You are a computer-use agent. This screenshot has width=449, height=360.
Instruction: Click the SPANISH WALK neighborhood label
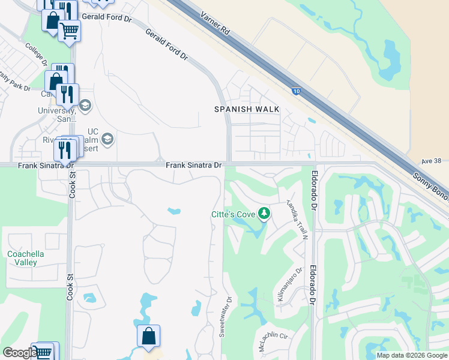tap(247, 109)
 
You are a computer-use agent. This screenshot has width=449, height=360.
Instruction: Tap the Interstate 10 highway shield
tap(297, 91)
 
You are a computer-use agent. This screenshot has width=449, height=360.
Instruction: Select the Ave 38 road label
tap(431, 161)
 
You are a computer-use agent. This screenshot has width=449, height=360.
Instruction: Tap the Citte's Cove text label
tap(233, 214)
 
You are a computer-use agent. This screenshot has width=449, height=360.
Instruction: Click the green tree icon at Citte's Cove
tap(264, 213)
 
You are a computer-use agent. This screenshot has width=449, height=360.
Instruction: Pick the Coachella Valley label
tap(26, 258)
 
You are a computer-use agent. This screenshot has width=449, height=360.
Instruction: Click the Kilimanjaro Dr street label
tap(288, 285)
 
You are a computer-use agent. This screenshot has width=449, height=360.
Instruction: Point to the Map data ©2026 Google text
tap(412, 355)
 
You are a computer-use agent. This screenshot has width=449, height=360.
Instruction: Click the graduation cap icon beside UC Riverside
tap(107, 140)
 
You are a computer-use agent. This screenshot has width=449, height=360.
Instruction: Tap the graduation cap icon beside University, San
tap(85, 106)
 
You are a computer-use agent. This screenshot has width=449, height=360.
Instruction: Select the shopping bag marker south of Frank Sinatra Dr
tap(148, 337)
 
